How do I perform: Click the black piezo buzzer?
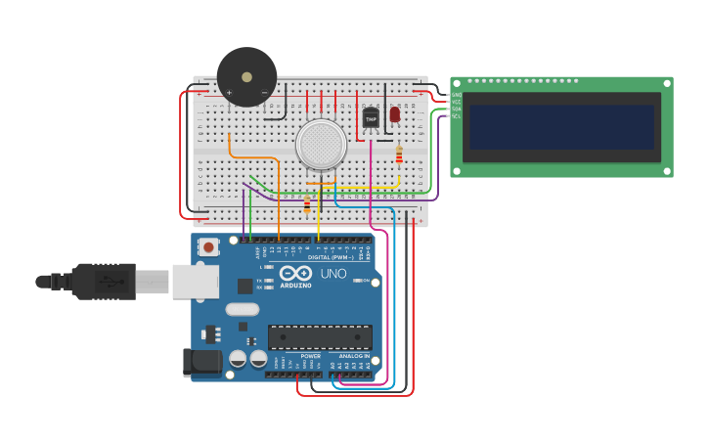coord(246,76)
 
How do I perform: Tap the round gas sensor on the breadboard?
coord(322,144)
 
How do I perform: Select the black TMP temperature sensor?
coord(371,118)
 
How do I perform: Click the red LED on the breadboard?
coord(395,114)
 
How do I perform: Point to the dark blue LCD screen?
coord(561,127)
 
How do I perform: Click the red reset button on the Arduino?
coord(209,247)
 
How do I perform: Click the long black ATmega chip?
coord(320,336)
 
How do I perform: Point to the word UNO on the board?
coord(333,274)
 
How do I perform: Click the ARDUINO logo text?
coord(295,285)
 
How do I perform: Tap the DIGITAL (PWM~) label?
coord(331,257)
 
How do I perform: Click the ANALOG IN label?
coord(354,356)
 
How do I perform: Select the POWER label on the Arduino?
coord(311,356)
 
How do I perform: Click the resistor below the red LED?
coord(399,155)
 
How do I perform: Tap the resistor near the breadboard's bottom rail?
coord(307,204)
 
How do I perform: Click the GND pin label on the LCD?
coord(456,95)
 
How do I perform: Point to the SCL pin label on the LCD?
coord(456,115)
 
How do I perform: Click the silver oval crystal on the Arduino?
coord(242,309)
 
